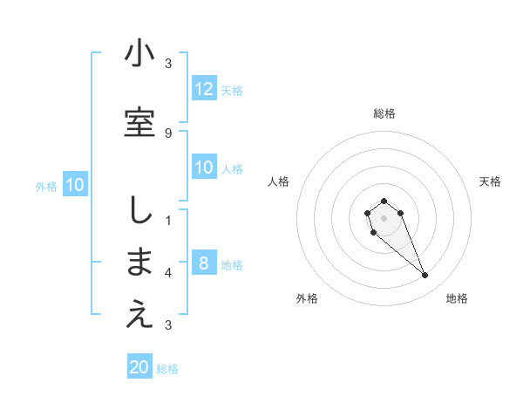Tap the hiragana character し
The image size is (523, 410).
(x=139, y=209)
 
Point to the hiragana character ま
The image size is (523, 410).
(x=139, y=263)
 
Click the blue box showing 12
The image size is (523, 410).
(x=204, y=89)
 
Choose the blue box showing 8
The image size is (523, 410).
(x=204, y=263)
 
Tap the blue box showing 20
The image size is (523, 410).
(x=139, y=367)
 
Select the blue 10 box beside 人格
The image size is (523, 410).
(x=204, y=167)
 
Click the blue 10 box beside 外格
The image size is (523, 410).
(x=75, y=185)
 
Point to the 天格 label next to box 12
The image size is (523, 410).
(x=232, y=90)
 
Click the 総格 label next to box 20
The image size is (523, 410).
(x=167, y=369)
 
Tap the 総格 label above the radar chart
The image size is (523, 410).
(x=384, y=113)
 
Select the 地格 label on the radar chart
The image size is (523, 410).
(x=457, y=298)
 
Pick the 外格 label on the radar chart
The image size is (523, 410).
(x=307, y=298)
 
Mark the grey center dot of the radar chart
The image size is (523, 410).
(x=384, y=217)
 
